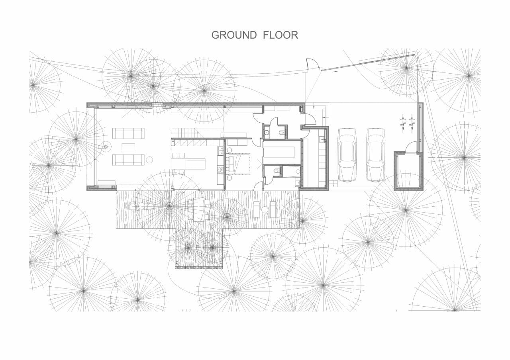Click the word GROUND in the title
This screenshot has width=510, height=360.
pyautogui.click(x=234, y=35)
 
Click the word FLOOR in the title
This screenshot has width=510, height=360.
pyautogui.click(x=280, y=35)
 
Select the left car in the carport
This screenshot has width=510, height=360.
pyautogui.click(x=347, y=155)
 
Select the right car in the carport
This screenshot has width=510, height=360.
pyautogui.click(x=376, y=155)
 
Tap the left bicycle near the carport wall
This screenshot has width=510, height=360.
pyautogui.click(x=403, y=123)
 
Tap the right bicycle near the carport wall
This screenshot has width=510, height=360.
pyautogui.click(x=412, y=123)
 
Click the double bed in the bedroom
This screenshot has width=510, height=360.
pyautogui.click(x=238, y=164)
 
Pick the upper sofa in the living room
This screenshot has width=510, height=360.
pyautogui.click(x=128, y=133)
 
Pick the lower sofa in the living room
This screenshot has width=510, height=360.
pyautogui.click(x=128, y=160)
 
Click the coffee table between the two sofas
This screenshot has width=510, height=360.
pyautogui.click(x=128, y=147)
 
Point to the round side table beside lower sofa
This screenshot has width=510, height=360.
pyautogui.click(x=149, y=160)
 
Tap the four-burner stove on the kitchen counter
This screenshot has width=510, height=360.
pyautogui.click(x=220, y=170)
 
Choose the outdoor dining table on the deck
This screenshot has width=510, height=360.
pyautogui.click(x=199, y=209)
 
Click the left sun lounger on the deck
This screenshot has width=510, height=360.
pyautogui.click(x=257, y=209)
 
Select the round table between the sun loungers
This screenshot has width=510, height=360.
pyautogui.click(x=265, y=209)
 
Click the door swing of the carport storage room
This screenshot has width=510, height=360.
pyautogui.click(x=411, y=146)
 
